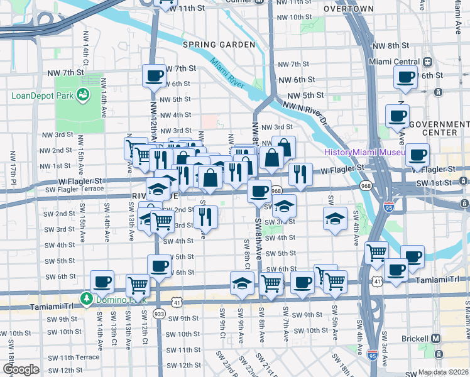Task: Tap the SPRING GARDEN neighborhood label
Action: point(219,45)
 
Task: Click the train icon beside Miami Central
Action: point(428,62)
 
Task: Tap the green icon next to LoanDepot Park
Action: point(82,96)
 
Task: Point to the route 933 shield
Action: point(159,314)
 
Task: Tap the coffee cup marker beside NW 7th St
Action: point(154,76)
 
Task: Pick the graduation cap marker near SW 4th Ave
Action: point(335,218)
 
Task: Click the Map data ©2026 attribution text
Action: point(443,372)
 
